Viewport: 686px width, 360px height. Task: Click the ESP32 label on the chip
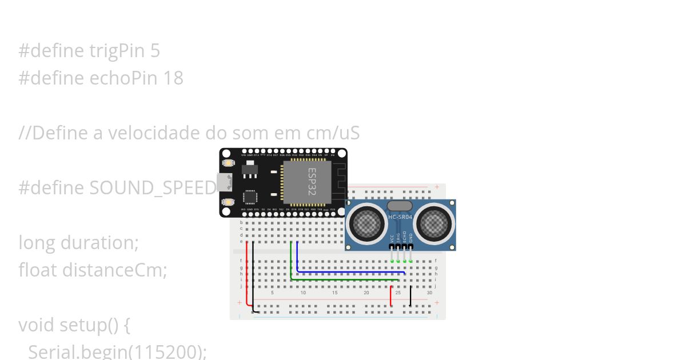click(312, 178)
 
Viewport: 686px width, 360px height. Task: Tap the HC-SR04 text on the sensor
click(400, 217)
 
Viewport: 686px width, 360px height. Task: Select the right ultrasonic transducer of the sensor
click(434, 223)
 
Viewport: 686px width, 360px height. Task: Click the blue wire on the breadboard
click(349, 273)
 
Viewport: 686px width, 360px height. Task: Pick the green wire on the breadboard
click(343, 279)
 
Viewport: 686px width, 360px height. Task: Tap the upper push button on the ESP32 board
click(229, 163)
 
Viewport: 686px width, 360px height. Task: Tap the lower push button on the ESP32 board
click(229, 202)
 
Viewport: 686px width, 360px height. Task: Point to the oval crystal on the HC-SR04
click(400, 206)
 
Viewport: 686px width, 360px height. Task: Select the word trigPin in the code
click(119, 51)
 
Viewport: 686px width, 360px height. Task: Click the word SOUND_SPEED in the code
click(151, 188)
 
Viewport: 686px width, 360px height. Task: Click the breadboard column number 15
click(335, 293)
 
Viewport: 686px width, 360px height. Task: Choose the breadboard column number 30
click(429, 293)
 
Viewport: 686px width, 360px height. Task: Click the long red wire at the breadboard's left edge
click(247, 274)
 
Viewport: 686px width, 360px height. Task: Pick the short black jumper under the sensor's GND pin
click(410, 295)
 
